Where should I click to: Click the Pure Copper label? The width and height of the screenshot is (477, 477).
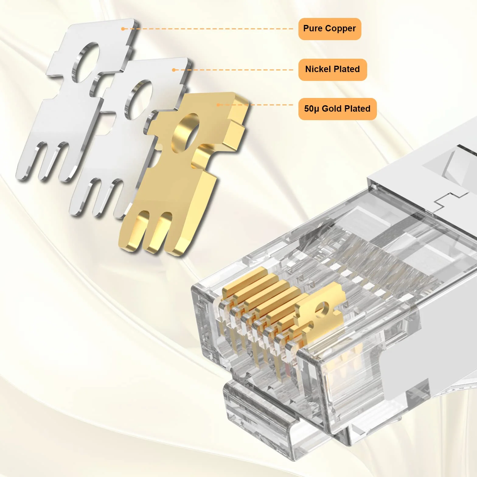[x=329, y=29]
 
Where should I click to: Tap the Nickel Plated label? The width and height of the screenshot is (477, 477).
[x=333, y=70]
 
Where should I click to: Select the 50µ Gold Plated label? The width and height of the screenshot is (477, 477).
[x=337, y=109]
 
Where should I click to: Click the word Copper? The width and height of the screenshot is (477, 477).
[x=340, y=29]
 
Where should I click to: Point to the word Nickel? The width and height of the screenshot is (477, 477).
[x=317, y=69]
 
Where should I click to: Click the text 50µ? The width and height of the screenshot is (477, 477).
[x=312, y=109]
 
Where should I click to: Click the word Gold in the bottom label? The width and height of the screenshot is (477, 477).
[x=332, y=109]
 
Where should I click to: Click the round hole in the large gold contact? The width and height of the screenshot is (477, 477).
[x=185, y=133]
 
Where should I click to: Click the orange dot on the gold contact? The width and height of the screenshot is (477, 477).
[x=218, y=105]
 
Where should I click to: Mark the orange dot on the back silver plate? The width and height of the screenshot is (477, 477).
[x=123, y=29]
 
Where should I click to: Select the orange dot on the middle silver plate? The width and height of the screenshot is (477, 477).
[x=173, y=70]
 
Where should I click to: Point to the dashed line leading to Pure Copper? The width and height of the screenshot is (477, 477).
[x=208, y=29]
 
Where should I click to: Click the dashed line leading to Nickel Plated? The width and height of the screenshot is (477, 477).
[x=233, y=70]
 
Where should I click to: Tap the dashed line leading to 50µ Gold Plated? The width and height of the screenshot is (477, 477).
[x=256, y=105]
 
